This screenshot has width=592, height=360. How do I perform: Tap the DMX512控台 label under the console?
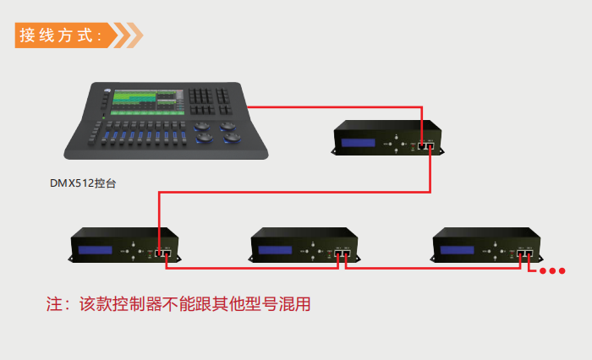(83, 183)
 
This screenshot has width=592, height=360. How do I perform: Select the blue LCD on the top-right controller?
(358, 143)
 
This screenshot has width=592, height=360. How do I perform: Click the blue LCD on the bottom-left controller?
(95, 250)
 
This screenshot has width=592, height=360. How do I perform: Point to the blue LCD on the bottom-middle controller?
(275, 250)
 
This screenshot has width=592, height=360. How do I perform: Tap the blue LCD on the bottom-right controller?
(457, 250)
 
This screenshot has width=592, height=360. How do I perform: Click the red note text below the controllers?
(178, 304)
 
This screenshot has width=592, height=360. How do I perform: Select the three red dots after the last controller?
(552, 270)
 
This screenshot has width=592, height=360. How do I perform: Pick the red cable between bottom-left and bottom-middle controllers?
(252, 268)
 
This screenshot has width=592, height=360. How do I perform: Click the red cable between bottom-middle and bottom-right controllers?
(433, 268)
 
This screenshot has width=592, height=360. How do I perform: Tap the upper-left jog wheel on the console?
(202, 126)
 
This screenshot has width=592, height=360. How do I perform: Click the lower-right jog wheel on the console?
(232, 138)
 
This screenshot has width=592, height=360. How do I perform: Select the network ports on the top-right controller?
(426, 146)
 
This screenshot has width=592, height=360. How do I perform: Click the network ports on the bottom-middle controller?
(342, 253)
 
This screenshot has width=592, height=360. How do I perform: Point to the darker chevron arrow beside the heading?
(122, 35)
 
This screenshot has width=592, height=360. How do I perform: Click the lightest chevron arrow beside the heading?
(134, 35)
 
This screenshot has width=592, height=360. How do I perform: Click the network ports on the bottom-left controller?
(163, 253)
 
